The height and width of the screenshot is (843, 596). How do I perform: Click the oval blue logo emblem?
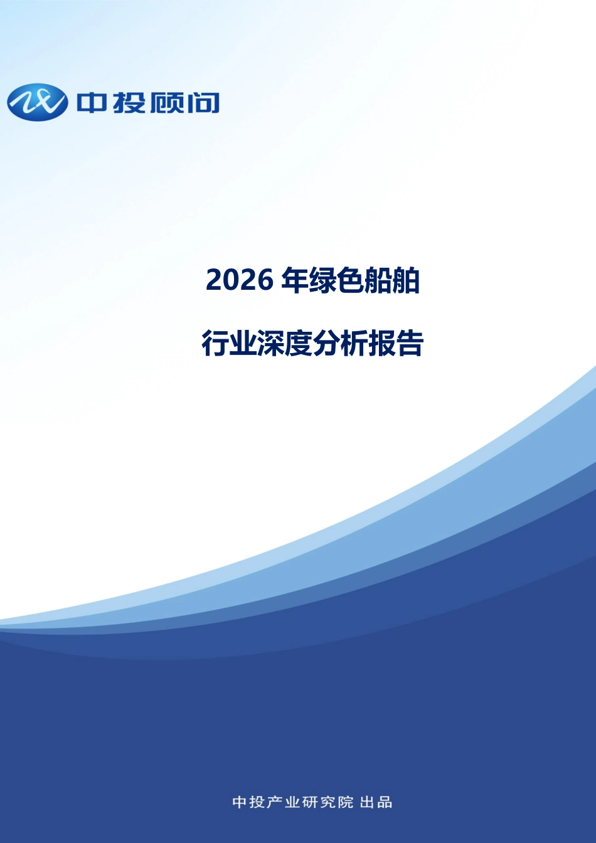(38, 102)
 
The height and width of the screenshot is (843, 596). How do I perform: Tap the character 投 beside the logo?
(129, 103)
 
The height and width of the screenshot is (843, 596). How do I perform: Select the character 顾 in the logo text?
(166, 103)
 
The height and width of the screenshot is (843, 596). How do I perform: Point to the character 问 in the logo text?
(203, 103)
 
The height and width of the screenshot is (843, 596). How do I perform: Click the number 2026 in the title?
(239, 280)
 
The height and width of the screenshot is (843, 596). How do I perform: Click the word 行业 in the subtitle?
(229, 343)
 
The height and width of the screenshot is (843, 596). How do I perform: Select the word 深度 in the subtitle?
(285, 343)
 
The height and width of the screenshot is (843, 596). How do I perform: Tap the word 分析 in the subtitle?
(340, 343)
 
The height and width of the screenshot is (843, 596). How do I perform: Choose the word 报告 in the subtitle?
(396, 343)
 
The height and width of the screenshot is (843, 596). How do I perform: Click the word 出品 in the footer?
(376, 802)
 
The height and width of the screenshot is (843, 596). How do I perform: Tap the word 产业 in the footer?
(284, 802)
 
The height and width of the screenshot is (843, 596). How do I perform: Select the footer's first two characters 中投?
(248, 802)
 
